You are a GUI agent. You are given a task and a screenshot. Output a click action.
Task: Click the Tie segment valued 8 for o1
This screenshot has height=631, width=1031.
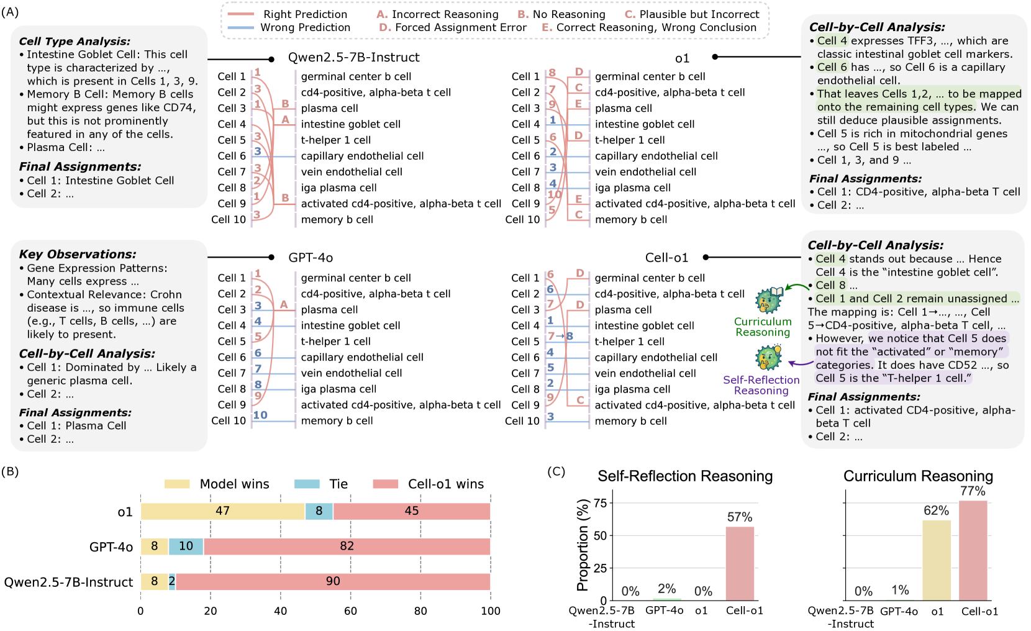(319, 511)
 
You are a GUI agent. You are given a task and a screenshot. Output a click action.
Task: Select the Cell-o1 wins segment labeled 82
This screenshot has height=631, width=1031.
(347, 547)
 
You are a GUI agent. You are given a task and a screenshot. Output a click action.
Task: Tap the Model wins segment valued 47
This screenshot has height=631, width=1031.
(222, 511)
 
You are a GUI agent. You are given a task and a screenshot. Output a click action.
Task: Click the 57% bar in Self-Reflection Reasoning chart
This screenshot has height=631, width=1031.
(740, 563)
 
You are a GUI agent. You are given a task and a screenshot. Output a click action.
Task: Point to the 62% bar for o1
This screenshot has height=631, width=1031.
(936, 560)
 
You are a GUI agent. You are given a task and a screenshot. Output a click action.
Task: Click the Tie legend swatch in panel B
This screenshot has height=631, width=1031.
(307, 484)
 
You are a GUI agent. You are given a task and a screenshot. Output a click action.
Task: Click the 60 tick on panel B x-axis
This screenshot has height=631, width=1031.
(350, 611)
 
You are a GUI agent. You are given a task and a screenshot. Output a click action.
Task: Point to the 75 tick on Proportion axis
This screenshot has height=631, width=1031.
(599, 503)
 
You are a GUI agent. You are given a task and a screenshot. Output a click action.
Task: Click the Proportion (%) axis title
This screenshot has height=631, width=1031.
(583, 545)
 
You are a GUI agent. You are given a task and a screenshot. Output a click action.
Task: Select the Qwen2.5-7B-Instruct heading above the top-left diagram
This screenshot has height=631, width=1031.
(353, 58)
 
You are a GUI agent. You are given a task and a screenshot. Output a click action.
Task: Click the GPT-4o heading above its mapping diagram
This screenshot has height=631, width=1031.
(311, 258)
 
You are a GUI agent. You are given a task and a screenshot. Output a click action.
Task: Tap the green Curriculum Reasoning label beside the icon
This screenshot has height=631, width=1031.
(763, 327)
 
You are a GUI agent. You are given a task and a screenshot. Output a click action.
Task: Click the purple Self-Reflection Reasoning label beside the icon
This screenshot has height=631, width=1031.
(761, 385)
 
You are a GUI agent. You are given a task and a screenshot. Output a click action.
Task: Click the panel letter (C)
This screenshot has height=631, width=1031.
(556, 471)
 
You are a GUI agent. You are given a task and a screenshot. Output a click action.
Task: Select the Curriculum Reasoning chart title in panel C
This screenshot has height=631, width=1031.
(918, 476)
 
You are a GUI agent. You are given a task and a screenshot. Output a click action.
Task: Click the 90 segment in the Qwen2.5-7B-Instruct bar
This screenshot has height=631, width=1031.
(333, 581)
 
